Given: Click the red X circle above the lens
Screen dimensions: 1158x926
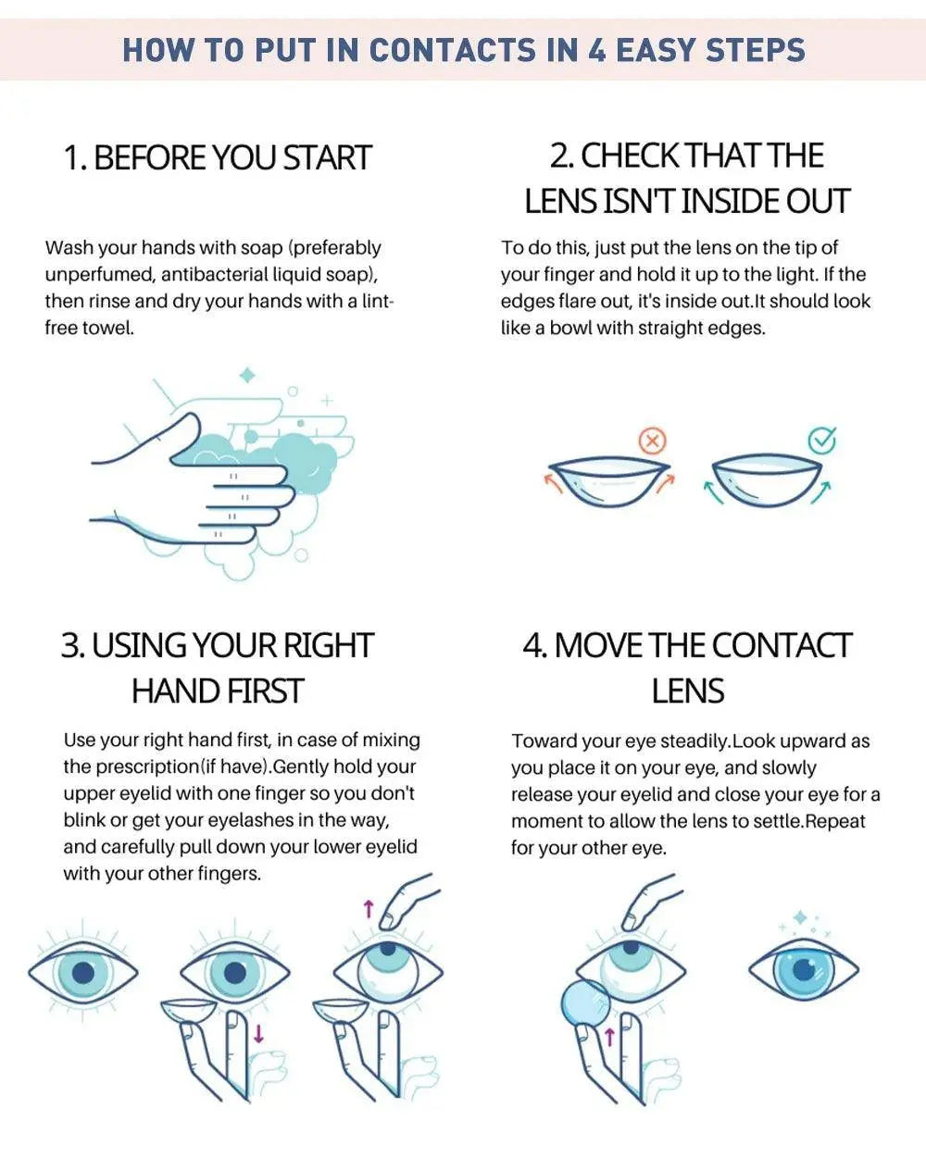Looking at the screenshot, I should click(653, 442).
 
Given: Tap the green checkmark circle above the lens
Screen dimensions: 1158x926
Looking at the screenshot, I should click(821, 441).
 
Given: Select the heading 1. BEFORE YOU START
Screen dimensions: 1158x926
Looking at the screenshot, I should click(217, 157).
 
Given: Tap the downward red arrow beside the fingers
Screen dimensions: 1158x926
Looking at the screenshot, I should click(259, 1032).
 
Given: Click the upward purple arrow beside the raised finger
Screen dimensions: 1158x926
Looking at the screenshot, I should click(368, 910).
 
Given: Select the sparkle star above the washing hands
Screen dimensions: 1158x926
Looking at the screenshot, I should click(247, 376).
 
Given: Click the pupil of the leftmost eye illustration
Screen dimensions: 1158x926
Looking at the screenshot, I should click(83, 973).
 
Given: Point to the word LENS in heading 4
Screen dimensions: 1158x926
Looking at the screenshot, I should click(687, 691).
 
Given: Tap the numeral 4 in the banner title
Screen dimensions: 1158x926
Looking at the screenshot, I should click(597, 49).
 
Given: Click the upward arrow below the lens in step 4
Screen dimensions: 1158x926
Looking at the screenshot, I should click(609, 1037).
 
